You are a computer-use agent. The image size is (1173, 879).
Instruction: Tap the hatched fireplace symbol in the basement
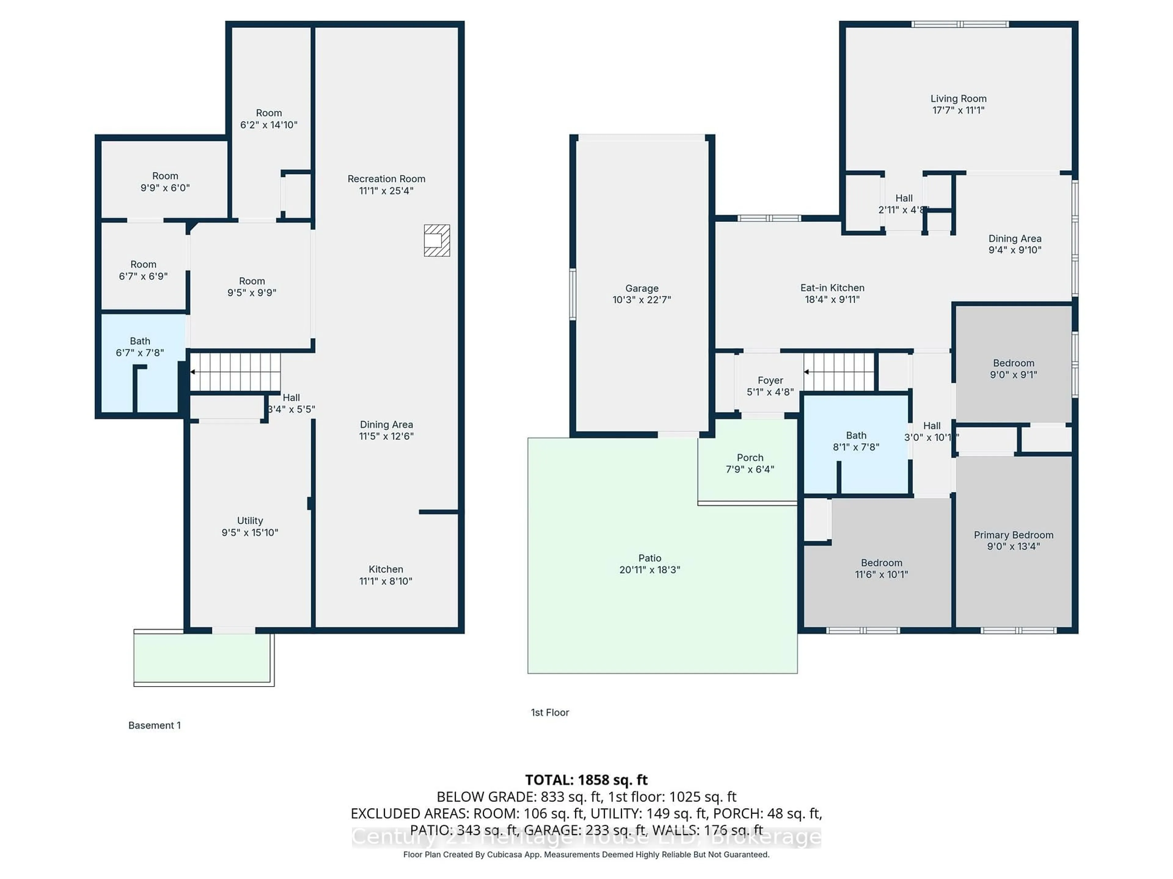point(437,241)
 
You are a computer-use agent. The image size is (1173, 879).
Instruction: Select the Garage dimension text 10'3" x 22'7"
point(642,300)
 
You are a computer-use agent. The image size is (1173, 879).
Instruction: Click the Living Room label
point(958,99)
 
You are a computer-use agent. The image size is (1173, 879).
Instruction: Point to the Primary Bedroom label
point(1013,535)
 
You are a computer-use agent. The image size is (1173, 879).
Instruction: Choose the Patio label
point(650,558)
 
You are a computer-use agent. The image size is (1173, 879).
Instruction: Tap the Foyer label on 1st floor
point(770,380)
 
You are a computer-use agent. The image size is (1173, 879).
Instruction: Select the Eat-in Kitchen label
point(832,288)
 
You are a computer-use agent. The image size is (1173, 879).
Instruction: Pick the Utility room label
point(250,521)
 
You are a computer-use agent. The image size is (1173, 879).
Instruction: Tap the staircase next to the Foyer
point(839,372)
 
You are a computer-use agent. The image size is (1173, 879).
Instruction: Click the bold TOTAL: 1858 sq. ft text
point(586,780)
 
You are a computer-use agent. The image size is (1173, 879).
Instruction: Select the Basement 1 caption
point(154,725)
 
